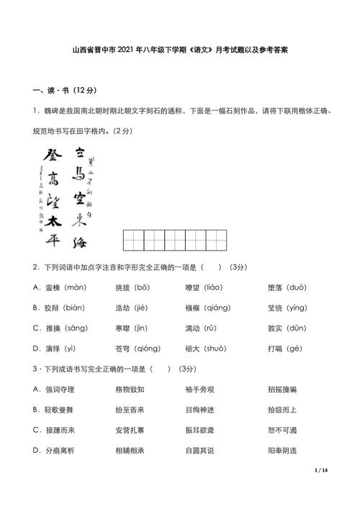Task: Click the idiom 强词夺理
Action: pos(60,389)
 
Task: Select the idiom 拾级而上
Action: pos(282,410)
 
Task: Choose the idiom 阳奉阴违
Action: pos(282,450)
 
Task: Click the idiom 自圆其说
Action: pos(200,450)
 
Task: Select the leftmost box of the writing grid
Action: pos(132,240)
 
